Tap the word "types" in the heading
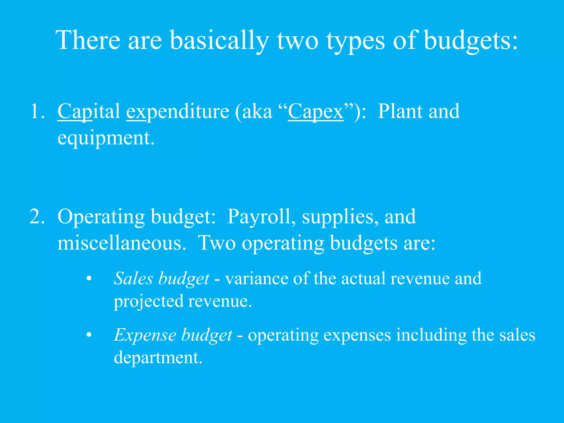pos(356,41)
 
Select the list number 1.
pos(37,111)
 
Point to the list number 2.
pos(37,216)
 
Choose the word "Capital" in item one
pos(89,111)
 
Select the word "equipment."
pos(106,138)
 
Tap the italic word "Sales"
pos(134,278)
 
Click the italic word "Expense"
pos(145,335)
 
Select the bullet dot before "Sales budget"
pos(89,279)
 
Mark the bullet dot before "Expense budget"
pos(89,335)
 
